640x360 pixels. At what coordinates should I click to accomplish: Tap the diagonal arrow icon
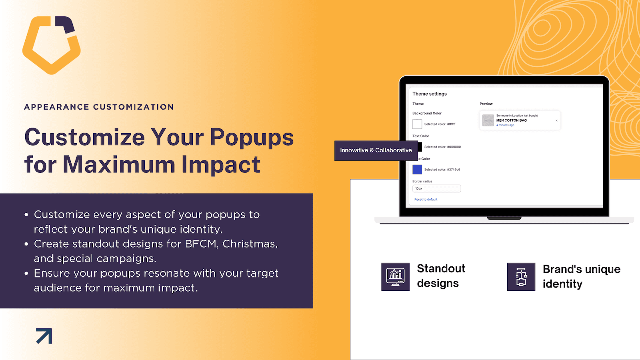pyautogui.click(x=44, y=336)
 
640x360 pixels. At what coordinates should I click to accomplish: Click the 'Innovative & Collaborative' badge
pyautogui.click(x=376, y=150)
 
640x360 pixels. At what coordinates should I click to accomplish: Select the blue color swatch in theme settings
pyautogui.click(x=417, y=170)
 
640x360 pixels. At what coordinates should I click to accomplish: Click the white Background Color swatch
pyautogui.click(x=417, y=124)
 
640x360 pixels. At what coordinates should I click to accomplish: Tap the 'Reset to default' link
pyautogui.click(x=426, y=200)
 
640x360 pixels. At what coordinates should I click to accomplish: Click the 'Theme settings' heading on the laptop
pyautogui.click(x=430, y=94)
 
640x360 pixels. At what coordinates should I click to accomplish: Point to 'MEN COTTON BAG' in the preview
pyautogui.click(x=512, y=120)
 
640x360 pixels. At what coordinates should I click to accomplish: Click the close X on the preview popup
pyautogui.click(x=556, y=120)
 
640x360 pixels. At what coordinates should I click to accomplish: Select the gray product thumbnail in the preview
pyautogui.click(x=488, y=120)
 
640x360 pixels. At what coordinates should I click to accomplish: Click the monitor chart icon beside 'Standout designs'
pyautogui.click(x=396, y=277)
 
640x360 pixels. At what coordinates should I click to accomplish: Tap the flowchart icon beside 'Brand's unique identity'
pyautogui.click(x=521, y=277)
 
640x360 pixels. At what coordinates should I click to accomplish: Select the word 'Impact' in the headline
pyautogui.click(x=221, y=164)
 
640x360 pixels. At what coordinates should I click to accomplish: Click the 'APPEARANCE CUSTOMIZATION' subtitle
pyautogui.click(x=99, y=107)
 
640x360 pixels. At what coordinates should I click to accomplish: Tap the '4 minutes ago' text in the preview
pyautogui.click(x=505, y=125)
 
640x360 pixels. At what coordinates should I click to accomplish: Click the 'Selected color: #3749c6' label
pyautogui.click(x=442, y=170)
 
